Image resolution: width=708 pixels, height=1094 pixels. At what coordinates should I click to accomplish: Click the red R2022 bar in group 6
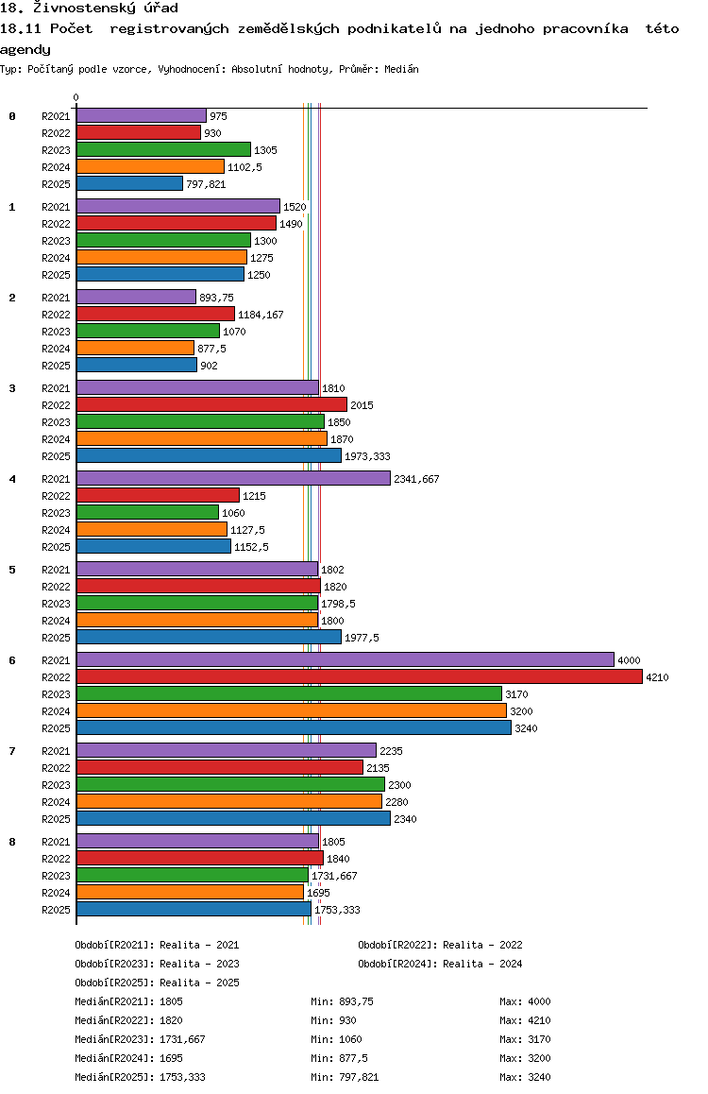[x=360, y=676]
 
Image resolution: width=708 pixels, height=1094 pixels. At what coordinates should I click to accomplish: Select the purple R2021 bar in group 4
[x=233, y=479]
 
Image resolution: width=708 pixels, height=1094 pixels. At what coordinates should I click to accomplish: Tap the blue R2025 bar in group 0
[x=129, y=184]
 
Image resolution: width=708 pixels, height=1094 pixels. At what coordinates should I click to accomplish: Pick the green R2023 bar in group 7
[x=230, y=785]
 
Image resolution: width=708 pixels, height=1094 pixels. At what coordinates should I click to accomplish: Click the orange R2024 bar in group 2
[x=135, y=349]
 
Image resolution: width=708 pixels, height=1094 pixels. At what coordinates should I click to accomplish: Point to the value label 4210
[x=657, y=677]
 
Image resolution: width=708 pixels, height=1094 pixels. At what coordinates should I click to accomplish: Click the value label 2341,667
[x=416, y=479]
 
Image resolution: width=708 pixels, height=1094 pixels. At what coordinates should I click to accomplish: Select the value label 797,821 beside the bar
[x=207, y=185]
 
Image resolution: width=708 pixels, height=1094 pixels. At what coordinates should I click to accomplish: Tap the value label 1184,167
[x=261, y=316]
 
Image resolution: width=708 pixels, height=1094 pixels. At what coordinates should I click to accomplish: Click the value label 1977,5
[x=362, y=639]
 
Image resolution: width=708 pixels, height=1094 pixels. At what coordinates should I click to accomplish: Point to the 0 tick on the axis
[x=76, y=98]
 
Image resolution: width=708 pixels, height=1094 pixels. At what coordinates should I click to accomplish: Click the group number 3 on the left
[x=12, y=388]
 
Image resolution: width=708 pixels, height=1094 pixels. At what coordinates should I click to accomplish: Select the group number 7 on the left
[x=12, y=751]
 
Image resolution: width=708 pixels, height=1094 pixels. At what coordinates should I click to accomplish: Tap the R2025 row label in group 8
[x=56, y=911]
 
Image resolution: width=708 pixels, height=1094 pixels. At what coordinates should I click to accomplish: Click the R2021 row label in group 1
[x=56, y=207]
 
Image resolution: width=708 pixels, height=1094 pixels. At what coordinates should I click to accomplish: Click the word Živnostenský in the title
[x=84, y=9]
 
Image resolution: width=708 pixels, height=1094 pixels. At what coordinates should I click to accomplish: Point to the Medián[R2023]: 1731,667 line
[x=140, y=1039]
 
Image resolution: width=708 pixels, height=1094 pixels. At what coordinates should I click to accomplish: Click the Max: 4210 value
[x=526, y=1020]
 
